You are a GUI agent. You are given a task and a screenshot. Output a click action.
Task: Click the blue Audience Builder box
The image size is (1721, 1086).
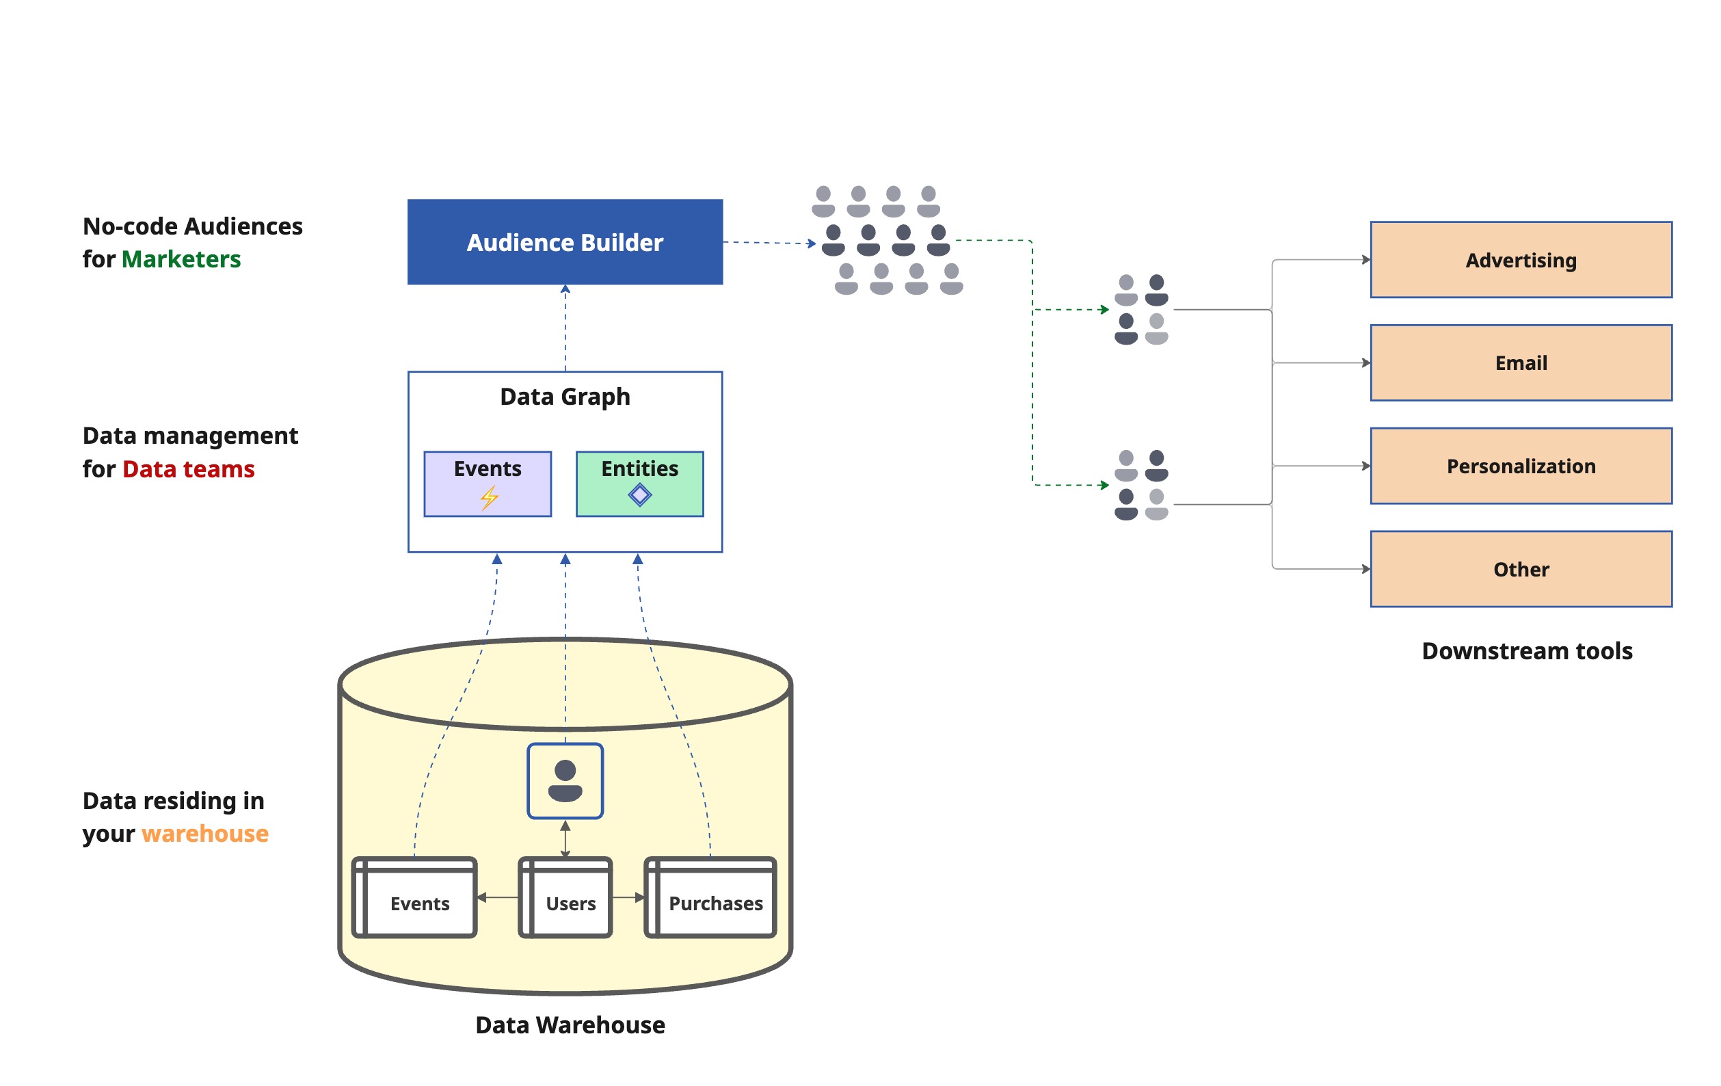565,241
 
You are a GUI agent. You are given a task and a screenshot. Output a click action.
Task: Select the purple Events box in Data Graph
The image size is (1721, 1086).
488,484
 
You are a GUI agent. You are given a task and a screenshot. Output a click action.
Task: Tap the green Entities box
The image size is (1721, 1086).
640,484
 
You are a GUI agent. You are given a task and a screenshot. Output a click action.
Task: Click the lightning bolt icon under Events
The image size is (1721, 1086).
489,497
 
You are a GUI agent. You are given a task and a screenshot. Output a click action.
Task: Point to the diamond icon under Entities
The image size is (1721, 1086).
640,494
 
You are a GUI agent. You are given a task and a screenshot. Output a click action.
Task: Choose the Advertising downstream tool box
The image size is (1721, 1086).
1520,259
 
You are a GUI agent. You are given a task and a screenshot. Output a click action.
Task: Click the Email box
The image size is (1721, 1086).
1520,362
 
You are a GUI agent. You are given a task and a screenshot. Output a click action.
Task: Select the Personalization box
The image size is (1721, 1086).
1520,466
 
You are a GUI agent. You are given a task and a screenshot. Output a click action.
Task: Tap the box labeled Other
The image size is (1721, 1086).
1520,569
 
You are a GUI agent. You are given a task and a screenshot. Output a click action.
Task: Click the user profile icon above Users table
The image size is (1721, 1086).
565,781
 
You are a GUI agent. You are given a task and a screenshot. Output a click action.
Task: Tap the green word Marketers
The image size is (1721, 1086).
181,259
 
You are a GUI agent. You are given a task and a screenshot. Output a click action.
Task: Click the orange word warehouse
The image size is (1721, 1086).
204,833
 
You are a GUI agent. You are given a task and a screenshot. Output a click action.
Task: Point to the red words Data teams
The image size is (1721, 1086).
188,469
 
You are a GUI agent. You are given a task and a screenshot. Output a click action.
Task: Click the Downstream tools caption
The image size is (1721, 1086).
1527,650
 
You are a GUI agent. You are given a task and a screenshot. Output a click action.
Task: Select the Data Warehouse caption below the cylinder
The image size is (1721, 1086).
570,1024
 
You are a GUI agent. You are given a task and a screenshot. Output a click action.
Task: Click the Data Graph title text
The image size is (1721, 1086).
565,396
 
